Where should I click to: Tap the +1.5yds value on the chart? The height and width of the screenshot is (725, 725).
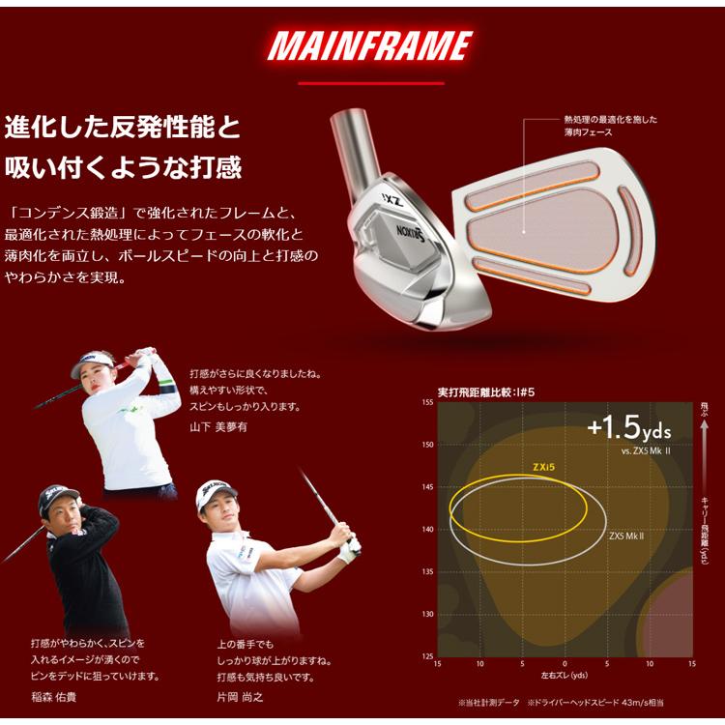pyautogui.click(x=628, y=427)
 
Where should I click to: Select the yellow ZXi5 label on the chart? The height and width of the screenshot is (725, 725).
pyautogui.click(x=542, y=466)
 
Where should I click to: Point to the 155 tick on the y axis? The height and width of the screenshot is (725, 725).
pyautogui.click(x=426, y=401)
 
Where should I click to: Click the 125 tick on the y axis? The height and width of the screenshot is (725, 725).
pyautogui.click(x=426, y=656)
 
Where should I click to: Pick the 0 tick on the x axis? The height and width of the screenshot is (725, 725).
pyautogui.click(x=565, y=664)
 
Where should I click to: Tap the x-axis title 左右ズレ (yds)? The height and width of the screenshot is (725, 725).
pyautogui.click(x=565, y=675)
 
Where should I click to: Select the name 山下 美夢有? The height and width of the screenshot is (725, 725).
pyautogui.click(x=214, y=425)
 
